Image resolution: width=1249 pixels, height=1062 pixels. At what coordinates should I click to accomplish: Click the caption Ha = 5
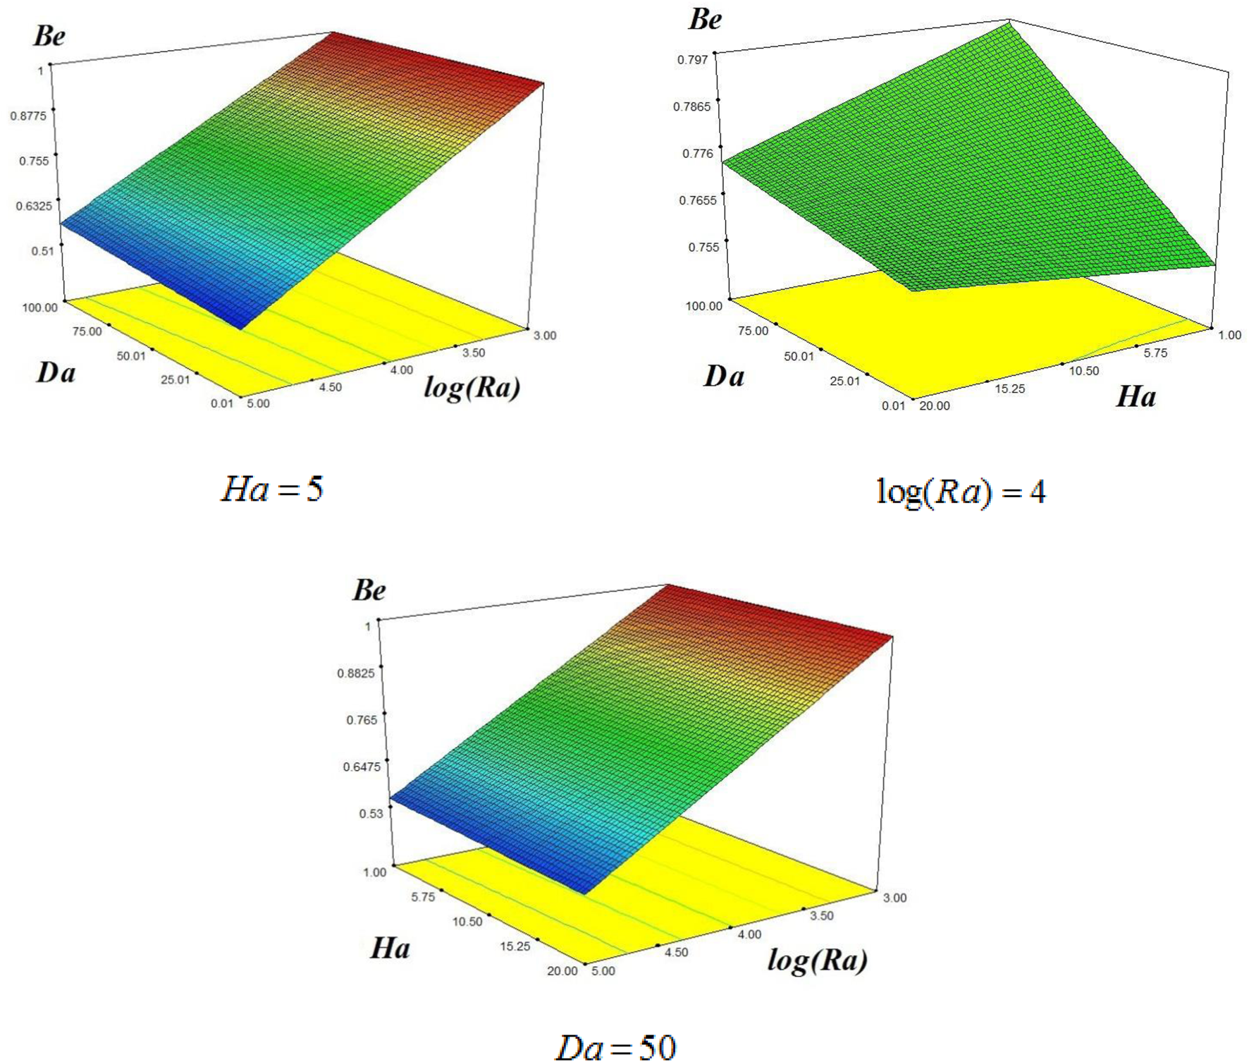click(272, 489)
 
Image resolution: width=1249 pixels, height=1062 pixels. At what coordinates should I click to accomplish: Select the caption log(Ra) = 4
click(960, 492)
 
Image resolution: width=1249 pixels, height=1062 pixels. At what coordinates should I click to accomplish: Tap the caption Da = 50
click(616, 1046)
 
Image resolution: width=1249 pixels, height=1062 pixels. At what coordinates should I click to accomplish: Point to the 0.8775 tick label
click(28, 116)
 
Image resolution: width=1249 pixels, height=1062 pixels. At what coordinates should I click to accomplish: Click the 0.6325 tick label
click(34, 206)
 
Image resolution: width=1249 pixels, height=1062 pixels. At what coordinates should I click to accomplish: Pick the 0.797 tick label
click(692, 60)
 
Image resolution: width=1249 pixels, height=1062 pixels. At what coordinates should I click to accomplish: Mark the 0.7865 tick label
click(691, 106)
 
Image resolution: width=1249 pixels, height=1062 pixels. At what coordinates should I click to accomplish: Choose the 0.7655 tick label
click(697, 200)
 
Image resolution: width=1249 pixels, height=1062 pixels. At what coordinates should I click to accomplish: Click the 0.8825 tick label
click(356, 673)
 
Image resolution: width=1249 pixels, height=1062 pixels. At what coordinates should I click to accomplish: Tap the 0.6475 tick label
click(362, 767)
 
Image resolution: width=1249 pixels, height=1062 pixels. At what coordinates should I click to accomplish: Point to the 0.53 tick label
click(371, 814)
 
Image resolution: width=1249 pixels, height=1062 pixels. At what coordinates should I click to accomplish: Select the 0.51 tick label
click(42, 251)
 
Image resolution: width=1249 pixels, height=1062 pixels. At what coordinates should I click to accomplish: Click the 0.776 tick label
click(698, 154)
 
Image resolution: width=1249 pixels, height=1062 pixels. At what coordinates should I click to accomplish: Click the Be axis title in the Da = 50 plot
click(369, 590)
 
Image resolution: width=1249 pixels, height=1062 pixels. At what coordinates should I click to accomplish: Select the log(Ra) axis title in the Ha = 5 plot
click(472, 387)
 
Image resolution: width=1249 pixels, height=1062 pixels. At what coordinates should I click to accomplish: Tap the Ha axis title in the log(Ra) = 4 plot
click(1136, 397)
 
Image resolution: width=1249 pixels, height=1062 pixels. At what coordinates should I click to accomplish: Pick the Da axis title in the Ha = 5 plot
click(56, 372)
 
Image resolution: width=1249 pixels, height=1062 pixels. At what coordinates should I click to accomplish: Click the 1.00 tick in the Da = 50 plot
click(375, 872)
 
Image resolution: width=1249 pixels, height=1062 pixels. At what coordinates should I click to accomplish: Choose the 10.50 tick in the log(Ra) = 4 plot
click(1084, 371)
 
